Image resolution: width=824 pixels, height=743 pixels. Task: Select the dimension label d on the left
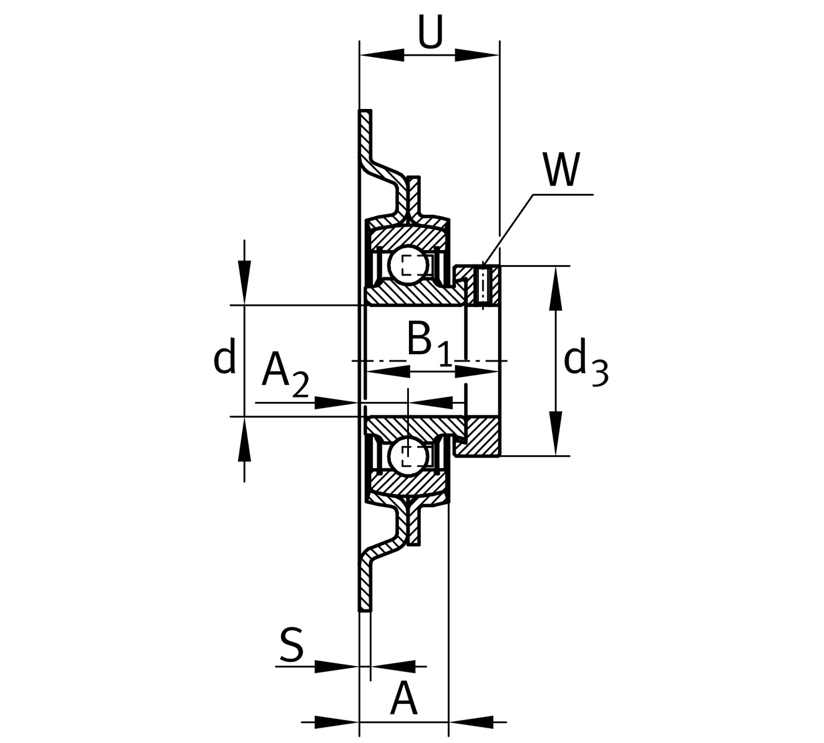tap(224, 358)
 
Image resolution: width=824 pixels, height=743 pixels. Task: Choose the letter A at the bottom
tap(404, 700)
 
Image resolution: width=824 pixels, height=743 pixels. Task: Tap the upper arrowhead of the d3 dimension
tap(556, 289)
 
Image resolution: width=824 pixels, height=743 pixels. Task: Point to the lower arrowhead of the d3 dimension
tap(556, 433)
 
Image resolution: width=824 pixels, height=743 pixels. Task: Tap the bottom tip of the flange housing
tap(366, 609)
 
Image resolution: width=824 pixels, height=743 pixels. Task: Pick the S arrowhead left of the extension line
tap(338, 666)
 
